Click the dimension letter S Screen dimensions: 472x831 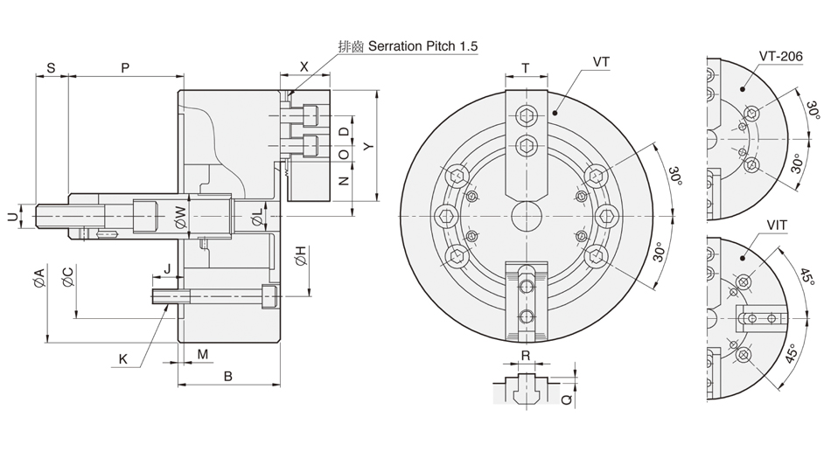(51, 67)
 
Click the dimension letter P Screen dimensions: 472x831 (125, 67)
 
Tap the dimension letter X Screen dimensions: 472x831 (304, 67)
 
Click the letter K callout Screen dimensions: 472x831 (123, 358)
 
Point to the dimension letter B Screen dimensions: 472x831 (227, 377)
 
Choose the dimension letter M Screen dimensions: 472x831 (202, 354)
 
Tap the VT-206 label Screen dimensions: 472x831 (781, 57)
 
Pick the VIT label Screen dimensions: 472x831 (777, 226)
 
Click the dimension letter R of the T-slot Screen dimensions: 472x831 (526, 356)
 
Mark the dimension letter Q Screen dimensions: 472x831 (567, 399)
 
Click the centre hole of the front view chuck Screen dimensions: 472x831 (527, 214)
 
